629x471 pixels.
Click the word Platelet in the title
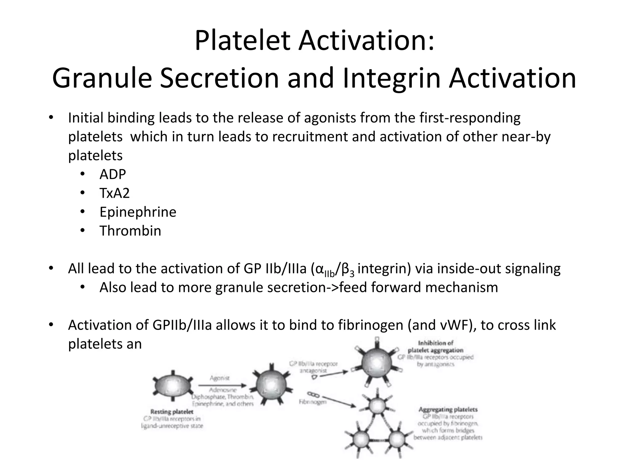pos(242,41)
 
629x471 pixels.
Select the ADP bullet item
pos(112,174)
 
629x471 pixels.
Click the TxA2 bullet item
pos(115,193)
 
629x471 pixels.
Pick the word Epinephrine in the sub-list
pos(138,212)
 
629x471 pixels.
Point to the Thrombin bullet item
pos(130,231)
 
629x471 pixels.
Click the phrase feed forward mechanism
pos(418,288)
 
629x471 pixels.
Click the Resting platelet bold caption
pos(172,412)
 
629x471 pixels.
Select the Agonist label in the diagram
pos(220,378)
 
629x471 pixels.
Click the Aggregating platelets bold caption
pos(448,409)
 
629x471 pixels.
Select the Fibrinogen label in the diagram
pos(313,402)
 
